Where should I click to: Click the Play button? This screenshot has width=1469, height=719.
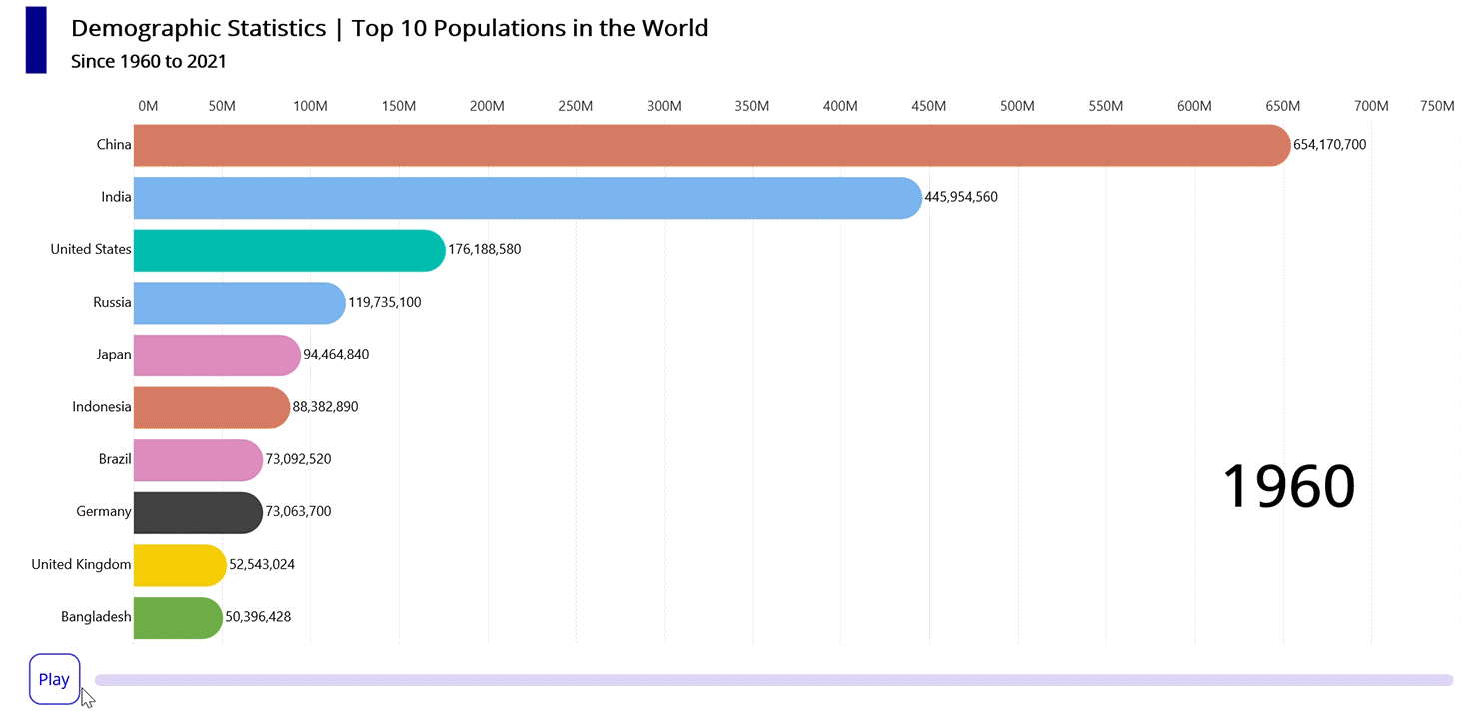click(x=54, y=679)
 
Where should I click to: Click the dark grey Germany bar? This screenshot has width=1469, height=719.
click(x=197, y=512)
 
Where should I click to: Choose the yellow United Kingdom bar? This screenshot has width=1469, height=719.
click(x=179, y=565)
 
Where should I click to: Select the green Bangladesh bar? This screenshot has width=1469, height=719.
click(x=177, y=617)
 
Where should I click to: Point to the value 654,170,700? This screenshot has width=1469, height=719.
click(x=1329, y=145)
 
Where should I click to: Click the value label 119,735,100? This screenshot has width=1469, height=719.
click(x=385, y=302)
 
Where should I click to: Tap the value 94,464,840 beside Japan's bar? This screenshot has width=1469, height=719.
click(x=336, y=355)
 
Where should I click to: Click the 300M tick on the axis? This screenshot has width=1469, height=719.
click(x=664, y=107)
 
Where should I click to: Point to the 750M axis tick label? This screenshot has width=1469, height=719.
click(x=1436, y=107)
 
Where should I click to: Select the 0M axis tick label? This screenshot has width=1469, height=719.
click(x=148, y=107)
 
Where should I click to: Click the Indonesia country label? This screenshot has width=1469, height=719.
click(x=101, y=407)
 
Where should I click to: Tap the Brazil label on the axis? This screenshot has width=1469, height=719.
click(x=115, y=459)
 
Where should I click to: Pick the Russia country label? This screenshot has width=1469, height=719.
click(x=112, y=302)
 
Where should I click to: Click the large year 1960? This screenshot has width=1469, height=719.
click(x=1288, y=487)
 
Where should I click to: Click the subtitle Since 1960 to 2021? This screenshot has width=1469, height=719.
click(x=149, y=62)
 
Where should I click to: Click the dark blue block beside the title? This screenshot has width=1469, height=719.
click(x=36, y=39)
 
